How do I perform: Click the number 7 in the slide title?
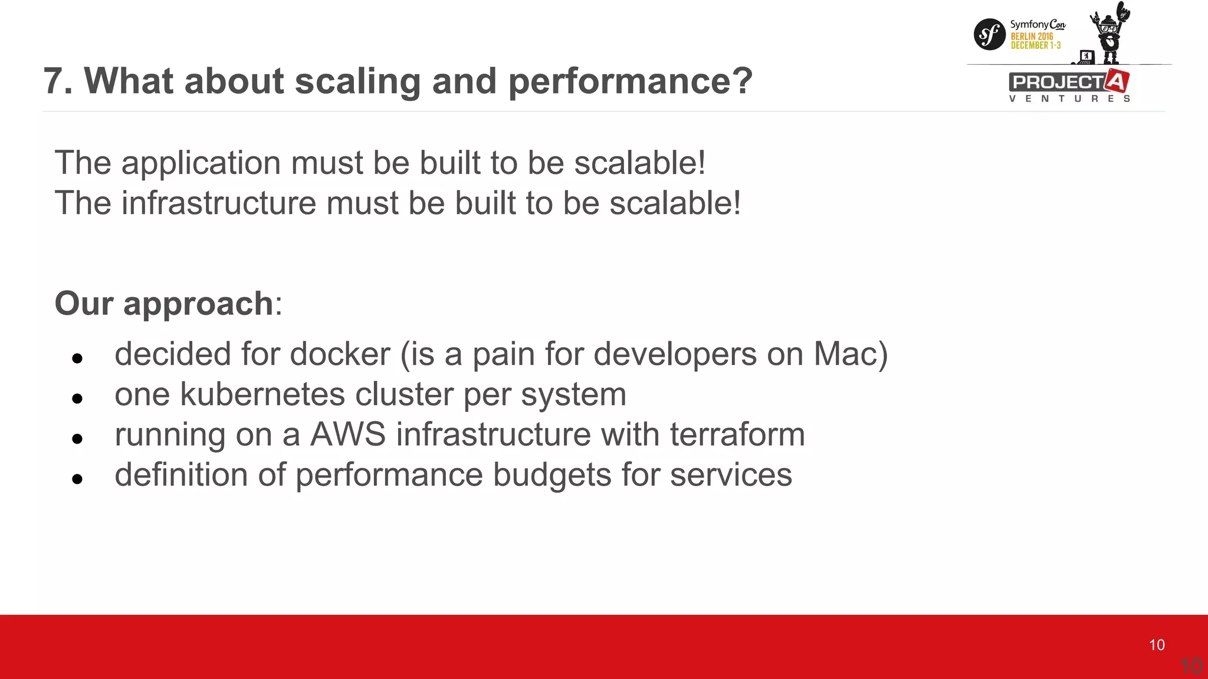[x=54, y=81]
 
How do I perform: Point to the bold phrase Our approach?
[x=164, y=304]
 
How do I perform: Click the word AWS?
[x=347, y=434]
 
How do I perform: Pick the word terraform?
[x=737, y=434]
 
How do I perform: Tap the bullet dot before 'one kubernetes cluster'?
[x=77, y=399]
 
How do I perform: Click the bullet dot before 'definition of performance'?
[x=77, y=479]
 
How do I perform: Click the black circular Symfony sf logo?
[x=989, y=35]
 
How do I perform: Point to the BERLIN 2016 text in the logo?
[x=1032, y=37]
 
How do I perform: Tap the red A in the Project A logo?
[x=1117, y=81]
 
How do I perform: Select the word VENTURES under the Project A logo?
[x=1069, y=98]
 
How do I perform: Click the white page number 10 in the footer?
[x=1157, y=645]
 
